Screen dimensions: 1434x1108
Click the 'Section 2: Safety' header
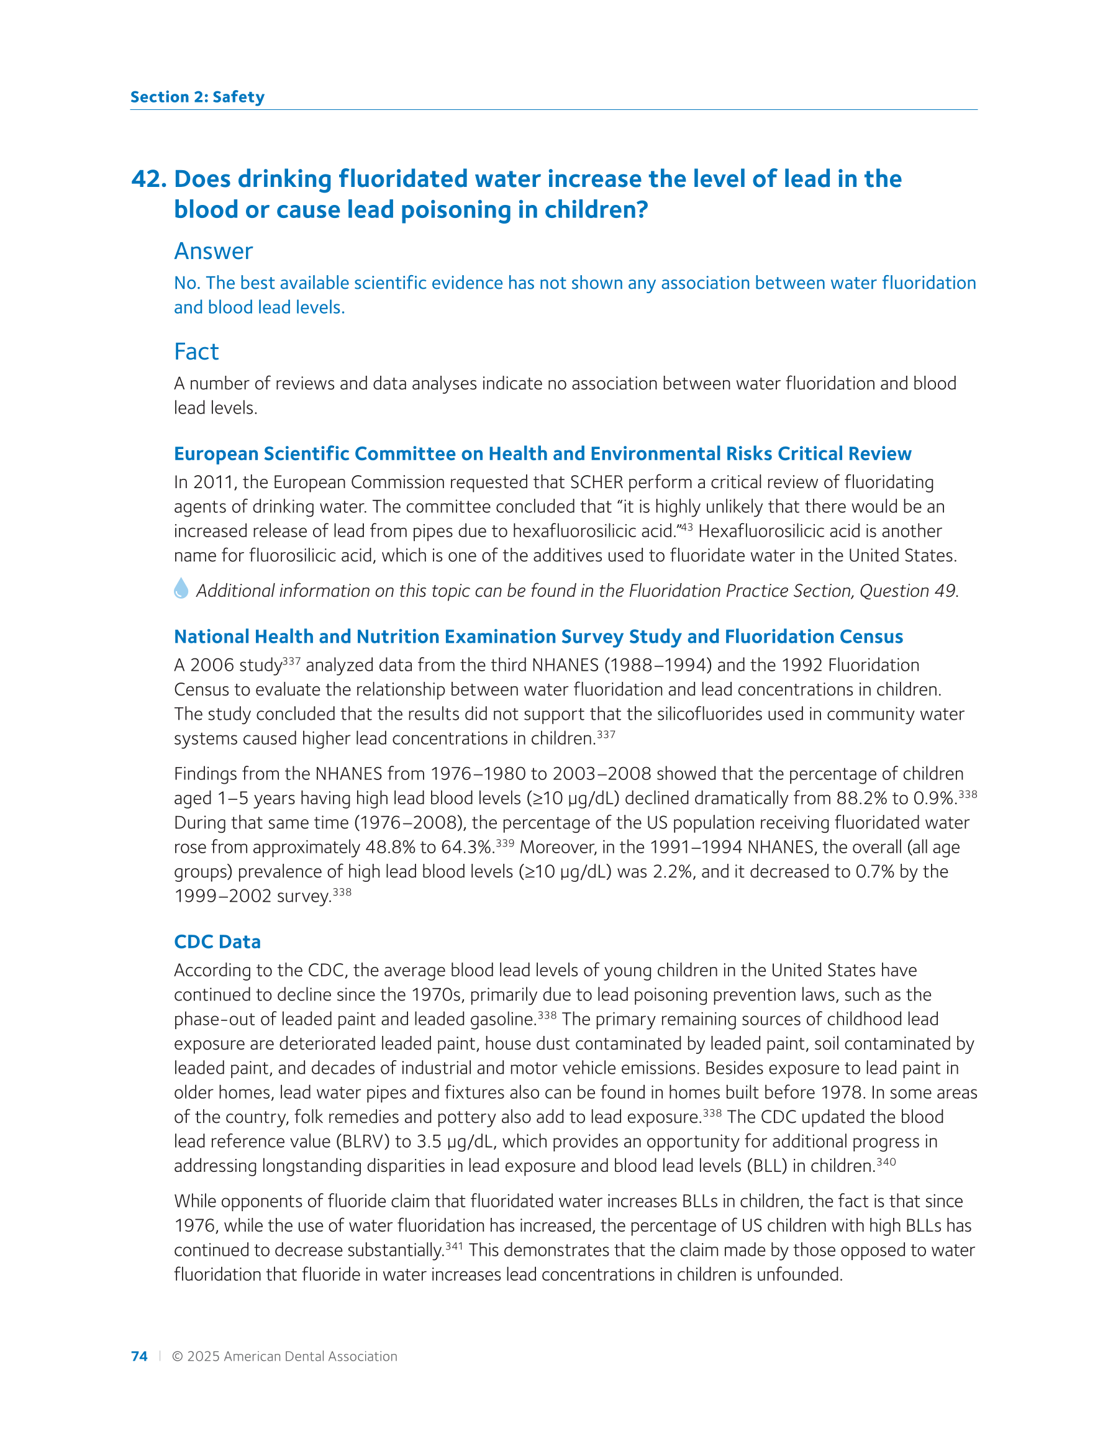click(197, 97)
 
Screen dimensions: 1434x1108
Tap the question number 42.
click(149, 179)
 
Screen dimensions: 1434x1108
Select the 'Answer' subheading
click(213, 251)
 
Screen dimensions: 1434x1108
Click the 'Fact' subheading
click(196, 352)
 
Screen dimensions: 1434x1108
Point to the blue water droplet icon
click(181, 588)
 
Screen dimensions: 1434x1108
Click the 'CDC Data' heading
click(217, 942)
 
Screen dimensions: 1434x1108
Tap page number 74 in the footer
click(139, 1356)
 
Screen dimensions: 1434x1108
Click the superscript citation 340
click(886, 1161)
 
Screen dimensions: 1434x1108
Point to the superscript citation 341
click(454, 1246)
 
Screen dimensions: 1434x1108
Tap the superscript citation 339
click(504, 843)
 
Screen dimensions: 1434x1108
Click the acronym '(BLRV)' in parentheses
click(363, 1142)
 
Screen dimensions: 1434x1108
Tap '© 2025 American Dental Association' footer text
click(284, 1356)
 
